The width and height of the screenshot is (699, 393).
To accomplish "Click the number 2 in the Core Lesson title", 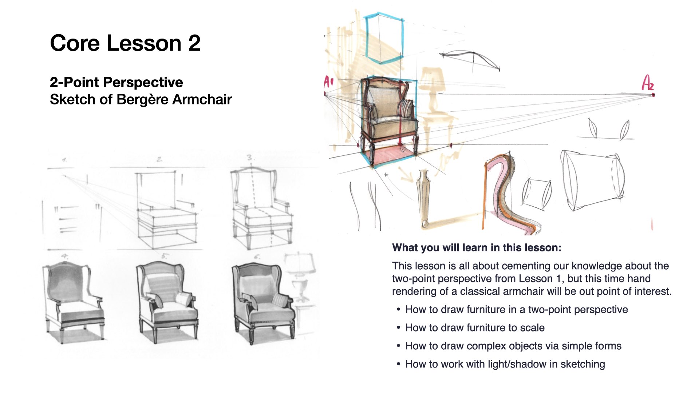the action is point(194,43).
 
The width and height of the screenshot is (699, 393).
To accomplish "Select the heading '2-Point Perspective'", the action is point(116,82).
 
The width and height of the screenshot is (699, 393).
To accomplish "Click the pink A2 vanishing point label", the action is point(648,83).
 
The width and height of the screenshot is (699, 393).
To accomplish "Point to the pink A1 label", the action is point(328,82).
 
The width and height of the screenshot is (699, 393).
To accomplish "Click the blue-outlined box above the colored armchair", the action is point(384,38).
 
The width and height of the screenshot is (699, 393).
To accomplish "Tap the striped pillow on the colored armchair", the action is point(406,108).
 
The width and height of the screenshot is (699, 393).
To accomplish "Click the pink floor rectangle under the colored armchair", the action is point(391,154).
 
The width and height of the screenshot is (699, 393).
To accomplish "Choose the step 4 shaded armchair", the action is point(73,302).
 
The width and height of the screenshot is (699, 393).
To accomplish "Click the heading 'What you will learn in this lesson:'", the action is point(477,248).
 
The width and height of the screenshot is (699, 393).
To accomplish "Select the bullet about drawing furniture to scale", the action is point(475,328).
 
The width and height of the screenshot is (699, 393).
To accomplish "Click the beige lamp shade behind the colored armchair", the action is point(433,79).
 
